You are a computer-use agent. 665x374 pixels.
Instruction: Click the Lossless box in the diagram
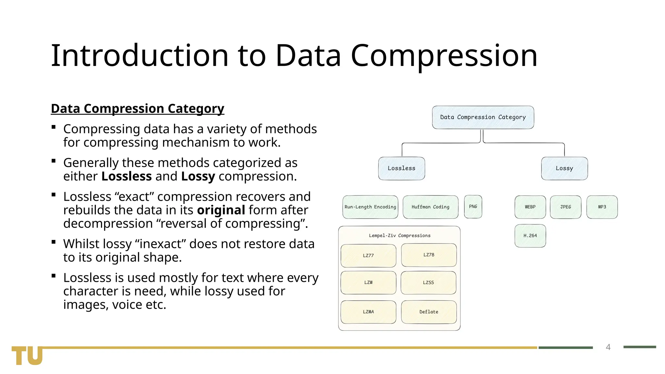coord(401,168)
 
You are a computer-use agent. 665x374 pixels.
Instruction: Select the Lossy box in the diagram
coord(564,168)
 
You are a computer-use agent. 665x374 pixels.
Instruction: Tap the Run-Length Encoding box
coord(370,207)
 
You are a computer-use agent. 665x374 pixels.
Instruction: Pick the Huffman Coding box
coord(430,207)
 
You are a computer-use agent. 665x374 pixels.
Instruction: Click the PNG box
coord(473,206)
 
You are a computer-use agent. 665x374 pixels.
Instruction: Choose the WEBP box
coord(530,207)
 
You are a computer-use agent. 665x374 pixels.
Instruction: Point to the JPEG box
coord(565,207)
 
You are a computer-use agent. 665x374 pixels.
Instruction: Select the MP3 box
coord(602,207)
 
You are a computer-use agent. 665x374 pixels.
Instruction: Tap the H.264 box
coord(530,236)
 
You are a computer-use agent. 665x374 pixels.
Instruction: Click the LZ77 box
coord(368,256)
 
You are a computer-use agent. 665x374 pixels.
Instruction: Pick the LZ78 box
coord(429,255)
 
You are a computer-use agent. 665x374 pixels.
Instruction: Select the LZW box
coord(368,282)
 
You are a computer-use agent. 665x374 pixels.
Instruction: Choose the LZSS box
coord(428,282)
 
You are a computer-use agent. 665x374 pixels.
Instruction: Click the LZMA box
coord(368,312)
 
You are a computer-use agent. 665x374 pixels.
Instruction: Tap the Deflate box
coord(429,312)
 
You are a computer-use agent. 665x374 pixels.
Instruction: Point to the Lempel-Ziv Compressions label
coord(399,235)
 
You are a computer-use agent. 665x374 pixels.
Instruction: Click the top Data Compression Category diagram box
coord(483,117)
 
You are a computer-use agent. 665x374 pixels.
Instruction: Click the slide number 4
coord(608,347)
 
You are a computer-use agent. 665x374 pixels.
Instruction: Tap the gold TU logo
coord(27,355)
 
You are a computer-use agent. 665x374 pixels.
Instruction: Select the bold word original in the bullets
coord(221,210)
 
